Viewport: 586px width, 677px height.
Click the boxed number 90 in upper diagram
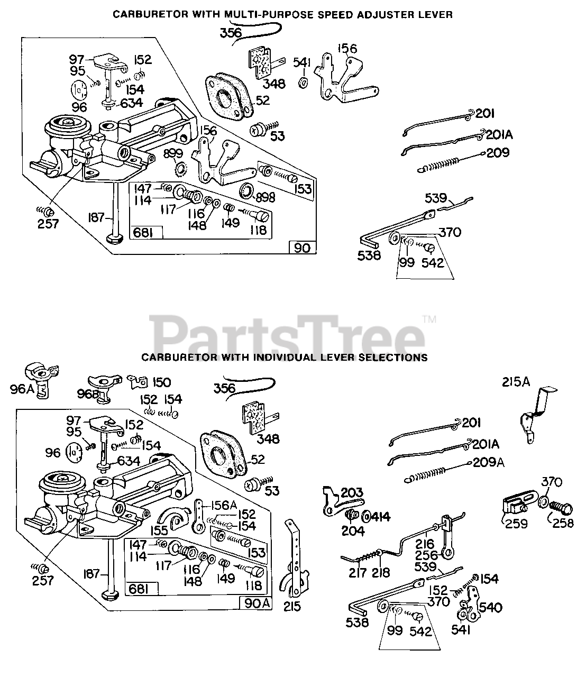pos(302,248)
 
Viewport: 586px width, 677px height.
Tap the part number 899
pos(173,153)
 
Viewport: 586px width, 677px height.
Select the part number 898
pos(265,197)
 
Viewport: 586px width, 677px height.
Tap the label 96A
pos(21,390)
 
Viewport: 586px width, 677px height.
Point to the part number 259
pos(516,524)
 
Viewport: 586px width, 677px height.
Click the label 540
pos(491,607)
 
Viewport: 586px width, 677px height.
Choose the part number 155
pos(158,529)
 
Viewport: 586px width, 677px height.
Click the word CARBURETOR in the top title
pos(143,15)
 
